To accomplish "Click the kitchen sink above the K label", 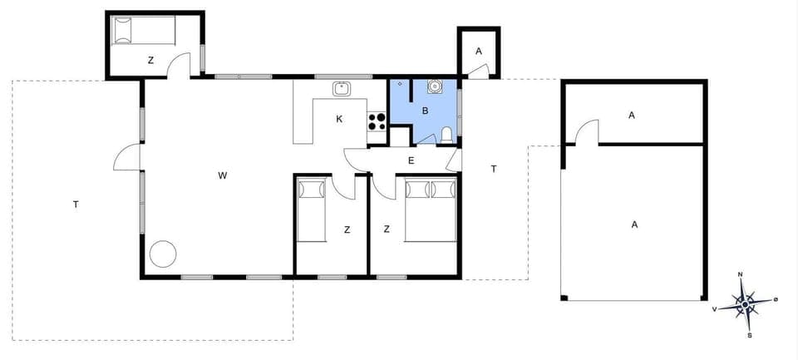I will coord(341,88).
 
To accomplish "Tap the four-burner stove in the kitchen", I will coord(377,121).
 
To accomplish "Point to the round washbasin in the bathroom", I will coord(435,85).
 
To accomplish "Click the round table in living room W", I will coord(163,254).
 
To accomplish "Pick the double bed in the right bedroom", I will coord(431,210).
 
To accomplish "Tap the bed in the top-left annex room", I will coord(143,32).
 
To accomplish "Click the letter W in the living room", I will coord(222,175).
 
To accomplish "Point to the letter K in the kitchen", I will coord(339,119).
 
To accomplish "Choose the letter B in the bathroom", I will coord(425,110).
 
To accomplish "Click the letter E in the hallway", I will coord(411,160).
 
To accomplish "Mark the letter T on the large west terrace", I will coord(75,204).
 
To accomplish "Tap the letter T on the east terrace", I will coord(494,169).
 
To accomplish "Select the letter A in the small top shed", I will coord(478,51).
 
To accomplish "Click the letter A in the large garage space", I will coord(634,224).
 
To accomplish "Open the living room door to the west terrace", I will coord(126,157).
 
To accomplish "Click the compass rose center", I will coord(746,305).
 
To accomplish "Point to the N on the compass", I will coord(740,275).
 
